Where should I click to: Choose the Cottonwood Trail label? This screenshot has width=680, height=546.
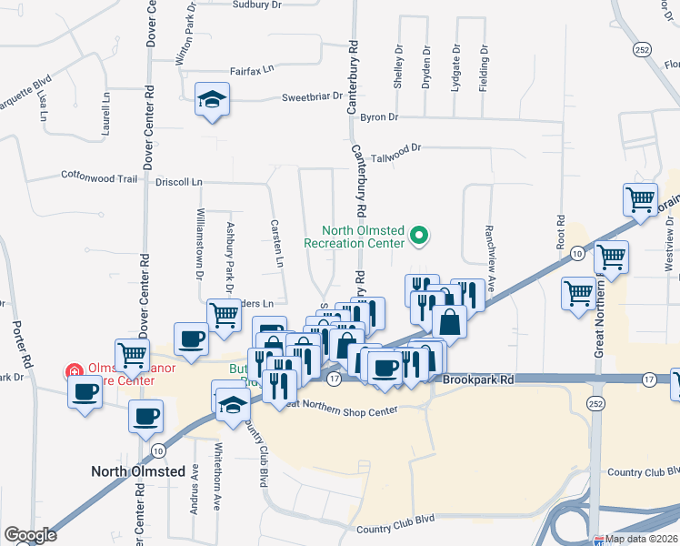coord(99,177)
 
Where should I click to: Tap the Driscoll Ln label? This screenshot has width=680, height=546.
coord(178,182)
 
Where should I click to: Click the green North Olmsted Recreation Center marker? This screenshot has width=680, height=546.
coord(419,237)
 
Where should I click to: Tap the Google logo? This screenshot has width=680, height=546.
coord(30,535)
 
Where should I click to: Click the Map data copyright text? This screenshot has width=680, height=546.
coord(641,539)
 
